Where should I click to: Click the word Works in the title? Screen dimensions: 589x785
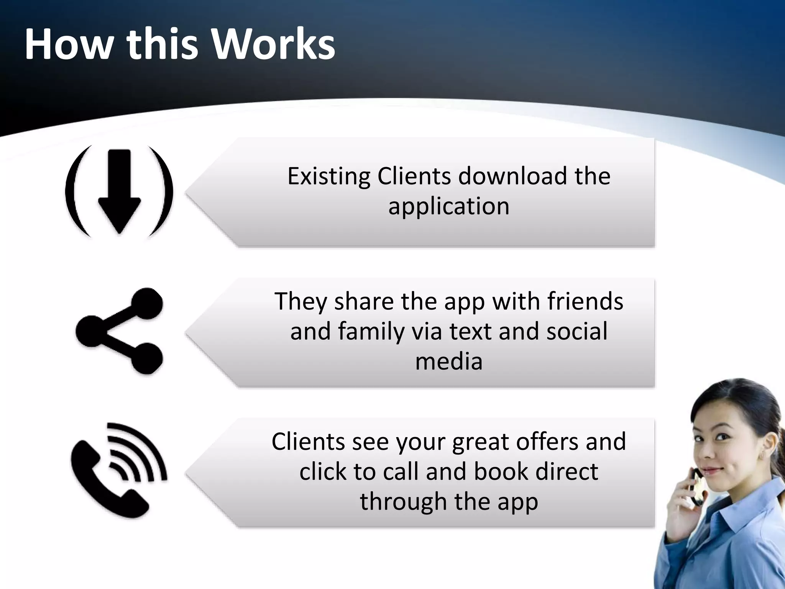274,44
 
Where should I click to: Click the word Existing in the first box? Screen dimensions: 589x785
328,176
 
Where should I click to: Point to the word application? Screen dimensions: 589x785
448,206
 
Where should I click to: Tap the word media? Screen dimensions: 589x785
448,361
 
